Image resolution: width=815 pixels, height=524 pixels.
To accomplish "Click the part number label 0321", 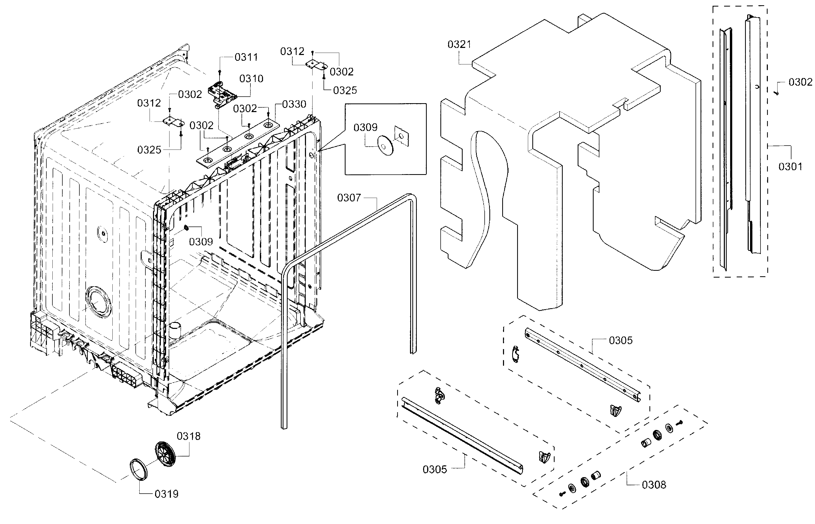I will click(459, 45).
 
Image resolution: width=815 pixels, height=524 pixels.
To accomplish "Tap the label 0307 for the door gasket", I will click(348, 198).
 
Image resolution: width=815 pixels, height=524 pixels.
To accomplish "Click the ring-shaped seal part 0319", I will click(139, 470).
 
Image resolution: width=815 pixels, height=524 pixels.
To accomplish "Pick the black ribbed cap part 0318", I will click(165, 454).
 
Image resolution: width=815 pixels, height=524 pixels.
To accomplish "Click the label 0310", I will click(251, 79).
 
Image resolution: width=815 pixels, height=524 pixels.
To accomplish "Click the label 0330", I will click(294, 104).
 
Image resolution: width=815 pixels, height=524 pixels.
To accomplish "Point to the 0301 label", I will click(790, 167).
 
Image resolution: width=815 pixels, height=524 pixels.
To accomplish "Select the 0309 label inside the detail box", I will click(365, 128).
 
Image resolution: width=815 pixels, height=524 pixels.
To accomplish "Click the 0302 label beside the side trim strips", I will click(800, 82).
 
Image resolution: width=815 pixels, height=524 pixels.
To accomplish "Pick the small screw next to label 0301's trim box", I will click(777, 92).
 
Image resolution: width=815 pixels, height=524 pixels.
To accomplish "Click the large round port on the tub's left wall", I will click(98, 302).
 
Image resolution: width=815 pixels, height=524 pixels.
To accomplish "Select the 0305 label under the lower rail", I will click(435, 470).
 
